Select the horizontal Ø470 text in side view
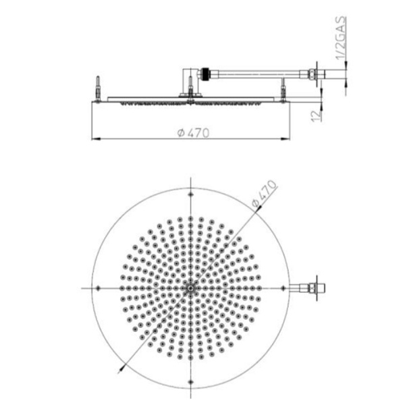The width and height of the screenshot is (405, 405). point(192,133)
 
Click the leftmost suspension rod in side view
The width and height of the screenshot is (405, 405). point(99,88)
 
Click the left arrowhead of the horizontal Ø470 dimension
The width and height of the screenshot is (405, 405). point(94,139)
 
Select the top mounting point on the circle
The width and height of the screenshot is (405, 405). point(191,194)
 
